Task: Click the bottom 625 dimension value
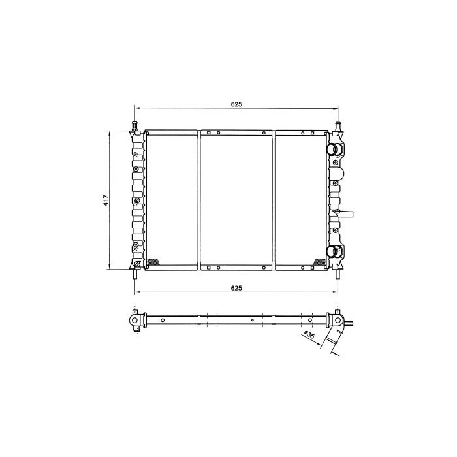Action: [236, 287]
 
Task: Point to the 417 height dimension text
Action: [105, 200]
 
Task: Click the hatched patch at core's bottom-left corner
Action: [151, 262]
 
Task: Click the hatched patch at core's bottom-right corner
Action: [319, 262]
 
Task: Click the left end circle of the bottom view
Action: [134, 321]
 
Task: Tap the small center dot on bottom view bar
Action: [251, 321]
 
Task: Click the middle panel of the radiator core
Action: [236, 199]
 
